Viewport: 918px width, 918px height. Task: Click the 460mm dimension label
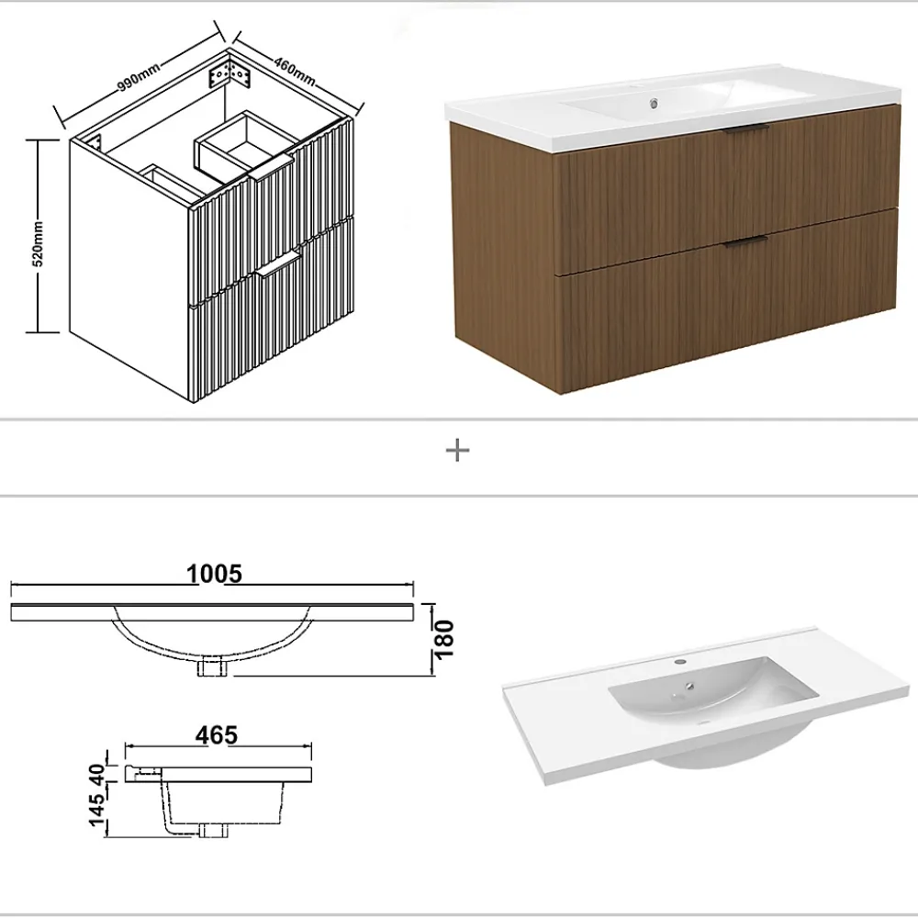295,71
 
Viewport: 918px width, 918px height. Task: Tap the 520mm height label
38,243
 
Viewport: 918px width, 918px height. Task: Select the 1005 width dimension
214,574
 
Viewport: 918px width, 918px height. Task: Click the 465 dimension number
217,734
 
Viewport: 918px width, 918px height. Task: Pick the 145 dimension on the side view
98,809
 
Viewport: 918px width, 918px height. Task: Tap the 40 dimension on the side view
97,775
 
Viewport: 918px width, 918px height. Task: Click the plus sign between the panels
458,450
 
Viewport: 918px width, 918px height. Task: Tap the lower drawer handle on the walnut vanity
745,241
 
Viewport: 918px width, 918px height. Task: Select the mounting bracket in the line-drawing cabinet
230,73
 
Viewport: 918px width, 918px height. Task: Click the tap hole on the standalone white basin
680,662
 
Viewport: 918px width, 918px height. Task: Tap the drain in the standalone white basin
691,686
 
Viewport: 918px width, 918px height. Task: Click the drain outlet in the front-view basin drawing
212,666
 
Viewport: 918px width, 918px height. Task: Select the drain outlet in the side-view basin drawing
214,830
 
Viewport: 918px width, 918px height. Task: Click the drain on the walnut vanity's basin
654,105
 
